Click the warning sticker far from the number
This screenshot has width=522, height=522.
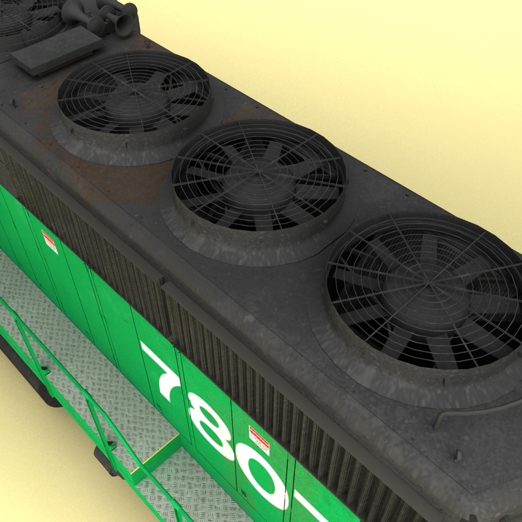pos(50,242)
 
